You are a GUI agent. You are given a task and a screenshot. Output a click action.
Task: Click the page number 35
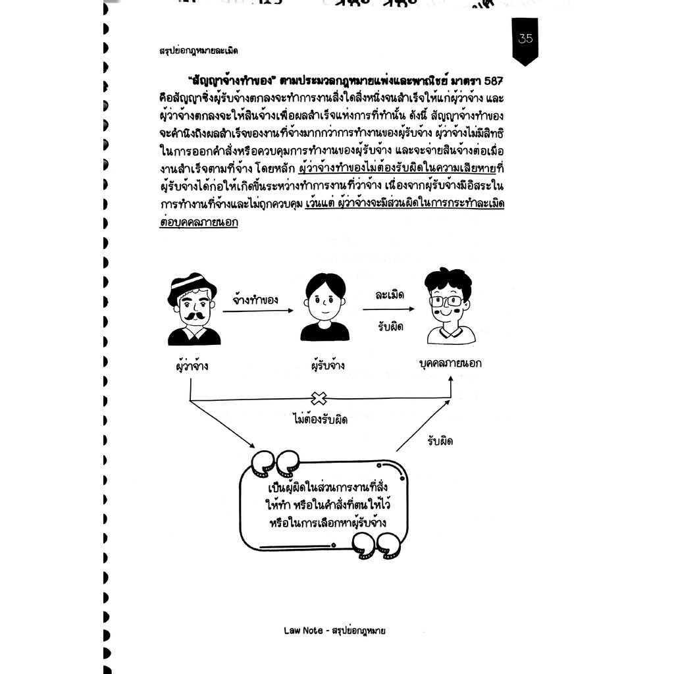pos(525,39)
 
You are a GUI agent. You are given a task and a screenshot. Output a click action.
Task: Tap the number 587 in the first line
pos(494,81)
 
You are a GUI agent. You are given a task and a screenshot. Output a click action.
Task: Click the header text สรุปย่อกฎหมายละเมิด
pos(198,51)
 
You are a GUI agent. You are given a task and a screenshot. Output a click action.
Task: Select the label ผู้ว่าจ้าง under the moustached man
pos(192,365)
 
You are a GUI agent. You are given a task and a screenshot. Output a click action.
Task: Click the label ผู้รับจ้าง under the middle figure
pos(328,365)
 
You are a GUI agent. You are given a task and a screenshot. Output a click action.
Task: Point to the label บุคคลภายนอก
pos(450,363)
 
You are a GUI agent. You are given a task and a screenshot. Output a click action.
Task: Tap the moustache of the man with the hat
pos(194,317)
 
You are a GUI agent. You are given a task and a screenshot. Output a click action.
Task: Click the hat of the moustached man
pos(192,287)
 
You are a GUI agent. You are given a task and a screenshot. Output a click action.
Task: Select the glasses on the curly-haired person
pos(446,300)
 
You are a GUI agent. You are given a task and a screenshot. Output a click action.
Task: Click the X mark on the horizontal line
pos(319,399)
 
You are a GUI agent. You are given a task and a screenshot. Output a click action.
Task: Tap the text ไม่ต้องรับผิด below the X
pos(320,419)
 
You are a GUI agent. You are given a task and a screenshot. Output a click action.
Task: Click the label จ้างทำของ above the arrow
pos(255,299)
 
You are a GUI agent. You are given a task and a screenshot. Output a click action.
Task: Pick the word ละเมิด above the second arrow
pos(390,295)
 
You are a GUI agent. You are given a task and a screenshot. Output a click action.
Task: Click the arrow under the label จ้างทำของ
pos(258,311)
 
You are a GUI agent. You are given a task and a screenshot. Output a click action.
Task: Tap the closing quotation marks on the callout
pos(376,546)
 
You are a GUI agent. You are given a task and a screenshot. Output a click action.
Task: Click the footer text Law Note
pos(303,631)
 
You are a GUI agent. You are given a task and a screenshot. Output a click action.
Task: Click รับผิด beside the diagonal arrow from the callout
pos(440,442)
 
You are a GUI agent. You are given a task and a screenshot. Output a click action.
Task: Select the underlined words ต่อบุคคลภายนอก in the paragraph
pos(199,222)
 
